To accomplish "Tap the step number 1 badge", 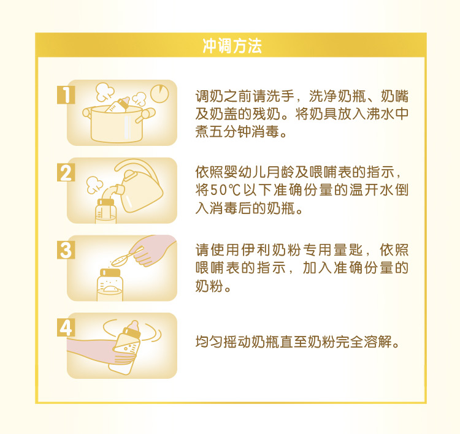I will [66, 95].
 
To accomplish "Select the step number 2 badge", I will [66, 173].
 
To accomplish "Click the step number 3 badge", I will [66, 250].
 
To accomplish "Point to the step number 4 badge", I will [66, 327].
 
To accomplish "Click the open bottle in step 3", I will [110, 283].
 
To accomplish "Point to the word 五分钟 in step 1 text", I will [231, 131].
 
